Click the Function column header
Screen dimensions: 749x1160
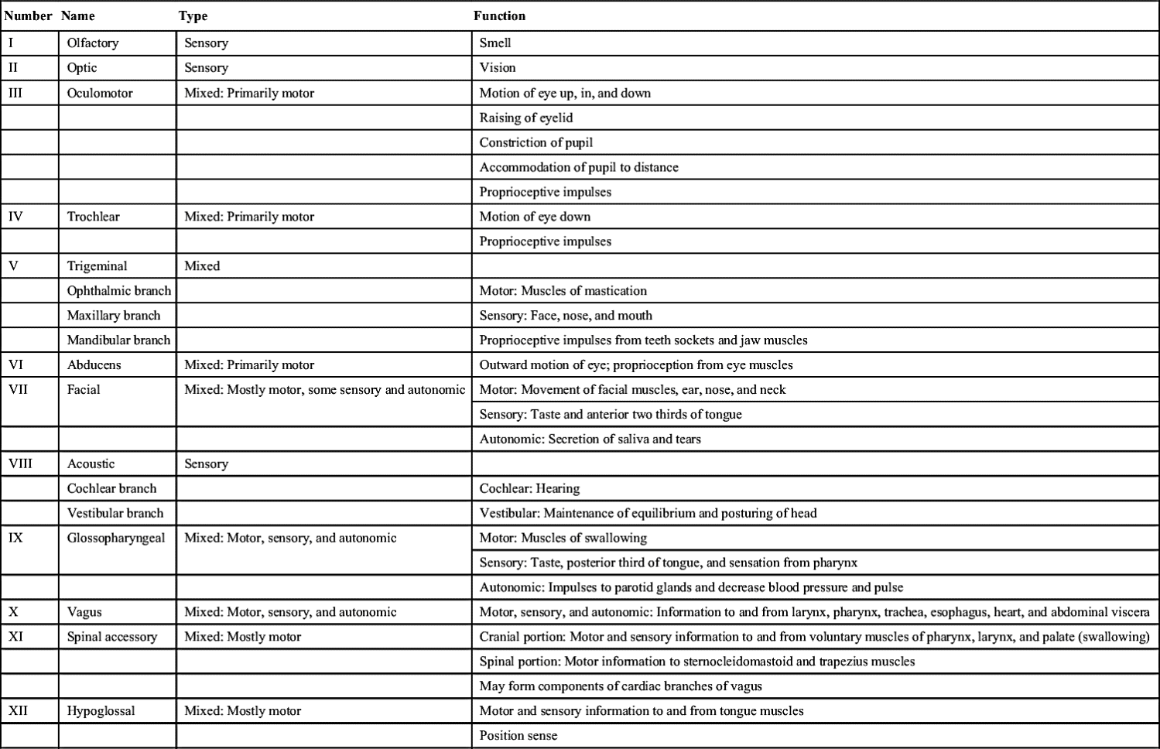click(499, 15)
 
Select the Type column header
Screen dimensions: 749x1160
click(193, 15)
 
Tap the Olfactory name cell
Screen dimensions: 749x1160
click(93, 43)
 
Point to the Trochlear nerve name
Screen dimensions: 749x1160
click(93, 217)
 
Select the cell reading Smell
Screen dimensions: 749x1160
click(495, 43)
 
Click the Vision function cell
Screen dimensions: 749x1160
click(498, 68)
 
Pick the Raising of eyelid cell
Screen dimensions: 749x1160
click(526, 118)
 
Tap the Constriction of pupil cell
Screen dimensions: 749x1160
click(536, 142)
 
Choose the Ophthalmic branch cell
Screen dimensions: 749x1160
click(118, 291)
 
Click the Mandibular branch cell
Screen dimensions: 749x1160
click(118, 340)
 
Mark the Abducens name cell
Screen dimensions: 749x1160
click(94, 364)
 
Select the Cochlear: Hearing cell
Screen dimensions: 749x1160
click(529, 488)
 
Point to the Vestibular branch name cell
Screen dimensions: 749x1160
click(115, 513)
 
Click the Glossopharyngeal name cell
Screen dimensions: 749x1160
click(116, 538)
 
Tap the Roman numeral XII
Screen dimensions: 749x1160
click(18, 710)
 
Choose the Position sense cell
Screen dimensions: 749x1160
click(518, 735)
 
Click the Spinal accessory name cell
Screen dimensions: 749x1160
click(111, 637)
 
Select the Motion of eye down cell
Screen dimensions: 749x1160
click(535, 217)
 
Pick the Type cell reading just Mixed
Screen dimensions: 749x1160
click(202, 266)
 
